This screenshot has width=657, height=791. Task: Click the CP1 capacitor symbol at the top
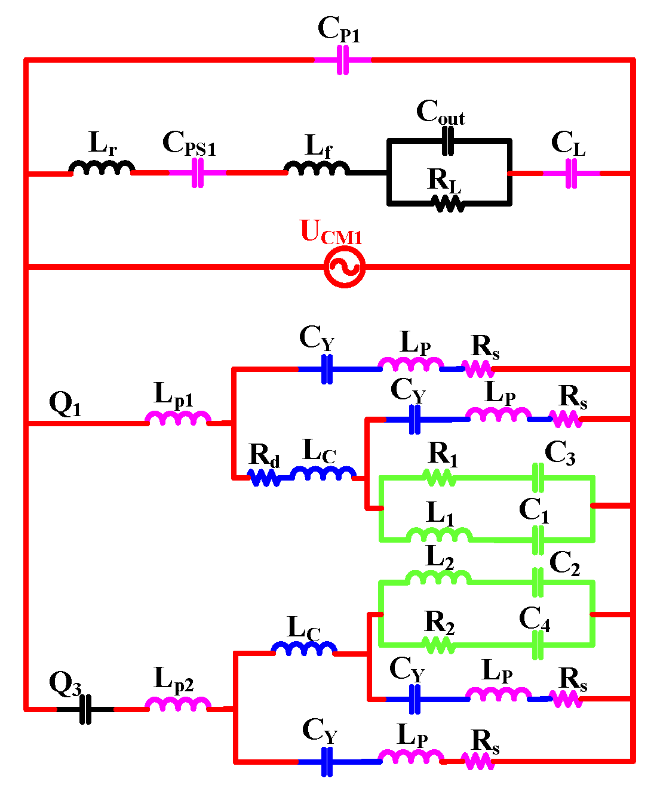pyautogui.click(x=343, y=60)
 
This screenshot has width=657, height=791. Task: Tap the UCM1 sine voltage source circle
pyautogui.click(x=344, y=267)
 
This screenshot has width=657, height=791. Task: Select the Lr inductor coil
pyautogui.click(x=102, y=168)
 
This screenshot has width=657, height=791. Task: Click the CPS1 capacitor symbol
pyautogui.click(x=198, y=173)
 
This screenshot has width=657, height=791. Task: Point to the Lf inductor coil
pyautogui.click(x=317, y=168)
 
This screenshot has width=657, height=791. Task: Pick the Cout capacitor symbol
pyautogui.click(x=448, y=141)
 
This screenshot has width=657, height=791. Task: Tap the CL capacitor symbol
pyautogui.click(x=571, y=173)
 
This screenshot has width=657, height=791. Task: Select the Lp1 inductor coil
pyautogui.click(x=178, y=418)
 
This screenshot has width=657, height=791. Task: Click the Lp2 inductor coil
pyautogui.click(x=178, y=704)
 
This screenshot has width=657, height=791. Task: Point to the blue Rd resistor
pyautogui.click(x=264, y=478)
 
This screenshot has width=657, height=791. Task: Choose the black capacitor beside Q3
pyautogui.click(x=85, y=709)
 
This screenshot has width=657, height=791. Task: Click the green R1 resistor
pyautogui.click(x=440, y=478)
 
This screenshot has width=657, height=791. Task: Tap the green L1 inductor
pyautogui.click(x=440, y=534)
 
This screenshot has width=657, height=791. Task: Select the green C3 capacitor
pyautogui.click(x=538, y=478)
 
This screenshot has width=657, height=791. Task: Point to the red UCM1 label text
pyautogui.click(x=331, y=232)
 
